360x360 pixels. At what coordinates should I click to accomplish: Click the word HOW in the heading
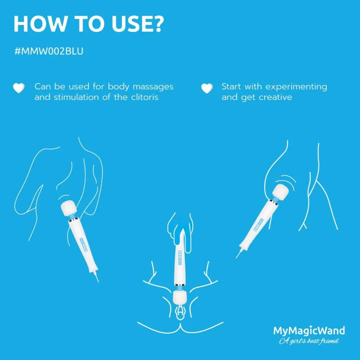pyautogui.click(x=40, y=24)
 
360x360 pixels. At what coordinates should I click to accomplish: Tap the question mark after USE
pyautogui.click(x=158, y=24)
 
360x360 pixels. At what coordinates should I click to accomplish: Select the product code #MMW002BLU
pyautogui.click(x=49, y=51)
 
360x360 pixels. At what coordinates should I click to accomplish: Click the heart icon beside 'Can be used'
pyautogui.click(x=19, y=88)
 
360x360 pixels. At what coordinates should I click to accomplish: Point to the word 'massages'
pyautogui.click(x=153, y=87)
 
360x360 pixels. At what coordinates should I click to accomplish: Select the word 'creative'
pyautogui.click(x=276, y=97)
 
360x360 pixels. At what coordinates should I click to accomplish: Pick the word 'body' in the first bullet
pyautogui.click(x=118, y=87)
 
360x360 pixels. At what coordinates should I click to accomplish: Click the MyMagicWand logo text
pyautogui.click(x=309, y=331)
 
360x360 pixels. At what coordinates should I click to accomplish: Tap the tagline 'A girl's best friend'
pyautogui.click(x=309, y=341)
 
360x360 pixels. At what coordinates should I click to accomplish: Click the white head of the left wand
pyautogui.click(x=69, y=208)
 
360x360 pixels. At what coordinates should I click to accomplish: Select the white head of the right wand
pyautogui.click(x=280, y=192)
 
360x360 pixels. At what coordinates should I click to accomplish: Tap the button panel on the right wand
pyautogui.click(x=258, y=225)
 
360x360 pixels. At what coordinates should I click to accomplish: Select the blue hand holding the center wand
pyautogui.click(x=181, y=232)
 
